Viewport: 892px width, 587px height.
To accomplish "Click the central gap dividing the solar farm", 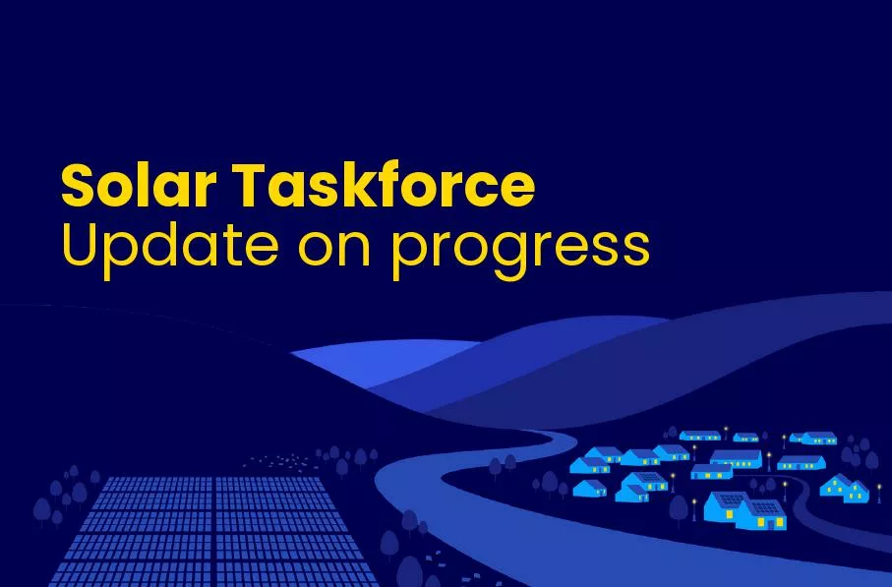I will [213, 531].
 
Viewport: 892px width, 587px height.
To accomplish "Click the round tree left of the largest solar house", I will [678, 506].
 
